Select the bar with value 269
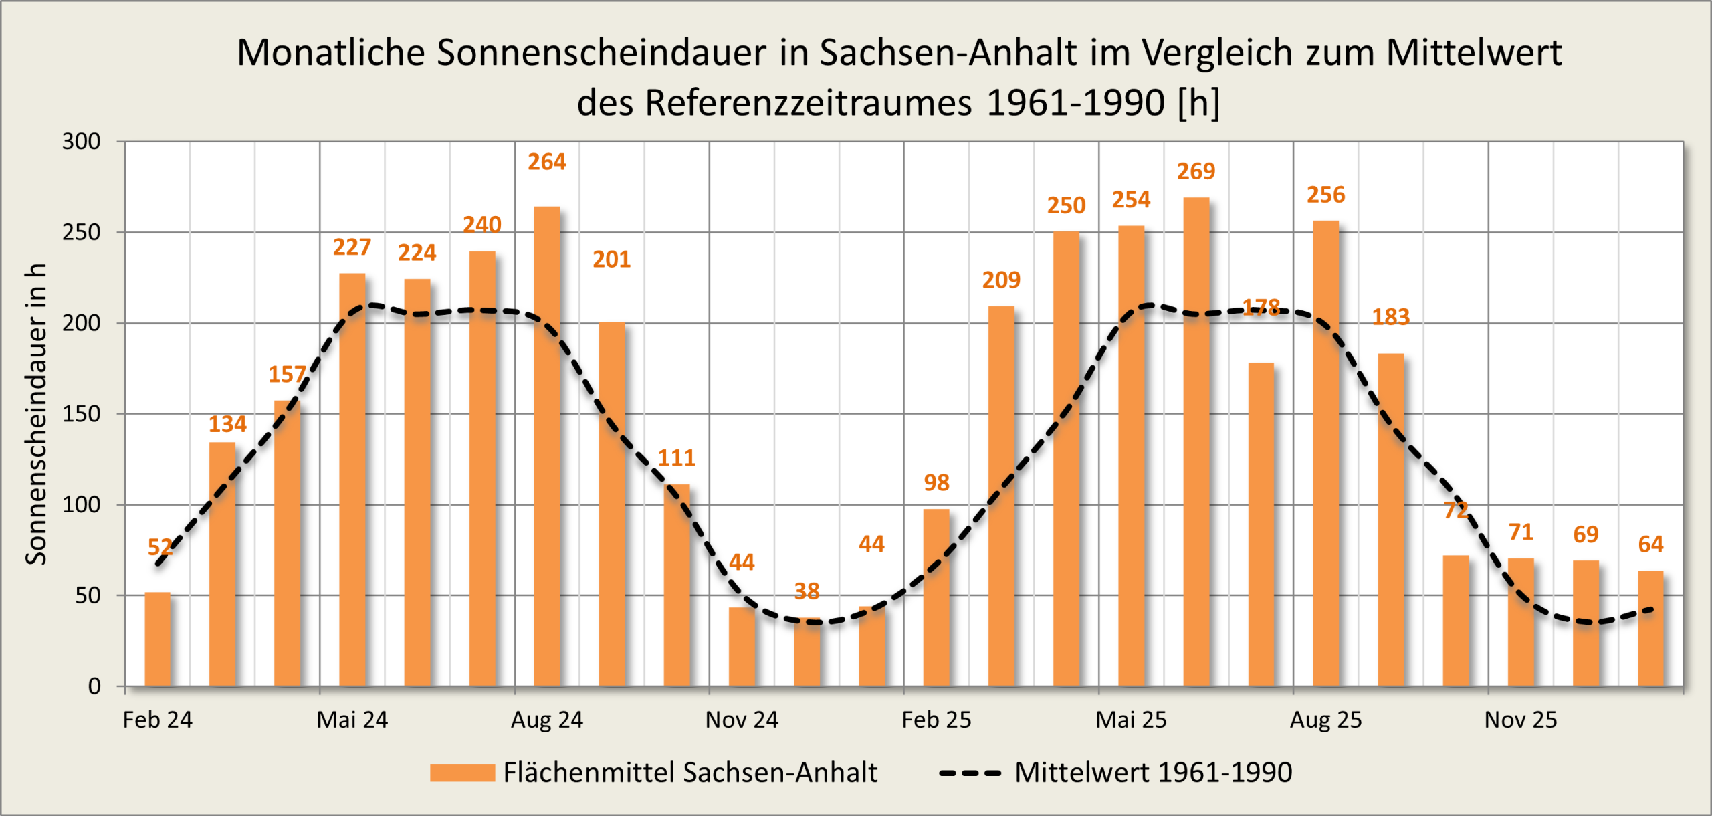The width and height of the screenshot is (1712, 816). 1196,441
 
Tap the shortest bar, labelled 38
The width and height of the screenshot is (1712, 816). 807,652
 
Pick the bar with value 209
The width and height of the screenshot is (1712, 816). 1001,496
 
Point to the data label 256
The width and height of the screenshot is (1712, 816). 1325,195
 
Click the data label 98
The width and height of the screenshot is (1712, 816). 936,482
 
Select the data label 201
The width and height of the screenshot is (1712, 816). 611,259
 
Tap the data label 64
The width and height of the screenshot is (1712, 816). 1650,544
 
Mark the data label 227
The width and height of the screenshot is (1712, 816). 352,247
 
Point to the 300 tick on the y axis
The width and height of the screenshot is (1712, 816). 81,142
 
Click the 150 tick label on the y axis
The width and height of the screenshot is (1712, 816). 81,414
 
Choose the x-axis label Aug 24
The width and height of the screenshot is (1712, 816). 547,720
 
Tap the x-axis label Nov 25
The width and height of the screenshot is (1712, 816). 1521,720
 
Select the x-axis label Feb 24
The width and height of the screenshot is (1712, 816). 157,720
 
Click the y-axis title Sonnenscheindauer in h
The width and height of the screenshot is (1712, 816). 35,414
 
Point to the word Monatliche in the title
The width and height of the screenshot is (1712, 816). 330,52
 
